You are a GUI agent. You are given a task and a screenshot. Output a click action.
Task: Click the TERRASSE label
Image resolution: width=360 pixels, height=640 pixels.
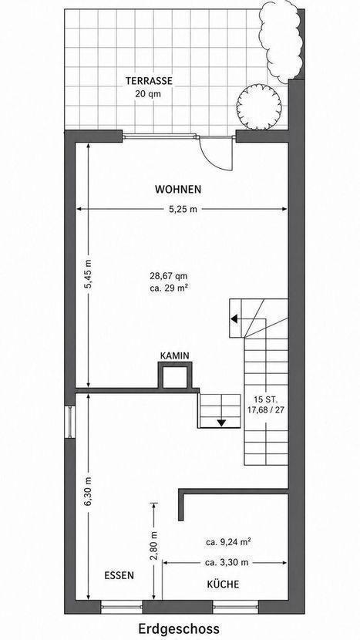pyautogui.click(x=149, y=81)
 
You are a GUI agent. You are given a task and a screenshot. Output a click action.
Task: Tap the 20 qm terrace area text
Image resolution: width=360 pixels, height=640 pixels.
pyautogui.click(x=149, y=93)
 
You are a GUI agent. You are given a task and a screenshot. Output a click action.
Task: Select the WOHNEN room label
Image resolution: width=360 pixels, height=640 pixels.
pyautogui.click(x=178, y=190)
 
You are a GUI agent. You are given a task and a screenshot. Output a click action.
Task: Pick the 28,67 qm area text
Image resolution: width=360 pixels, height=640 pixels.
pyautogui.click(x=169, y=275)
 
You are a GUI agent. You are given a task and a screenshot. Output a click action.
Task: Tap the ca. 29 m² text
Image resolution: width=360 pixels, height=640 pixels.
pyautogui.click(x=169, y=288)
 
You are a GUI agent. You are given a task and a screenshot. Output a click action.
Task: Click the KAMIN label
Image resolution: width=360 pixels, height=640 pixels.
pyautogui.click(x=175, y=356)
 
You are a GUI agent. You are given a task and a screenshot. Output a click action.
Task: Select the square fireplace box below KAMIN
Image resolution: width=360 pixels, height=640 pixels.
pyautogui.click(x=175, y=376)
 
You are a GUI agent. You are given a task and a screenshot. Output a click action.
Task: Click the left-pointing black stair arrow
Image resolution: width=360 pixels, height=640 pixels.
pyautogui.click(x=234, y=318)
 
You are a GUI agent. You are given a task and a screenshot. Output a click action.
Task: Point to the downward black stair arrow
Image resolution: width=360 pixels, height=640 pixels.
pyautogui.click(x=220, y=423)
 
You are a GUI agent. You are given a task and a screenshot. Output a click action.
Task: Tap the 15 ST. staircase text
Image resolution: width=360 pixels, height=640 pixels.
pyautogui.click(x=265, y=399)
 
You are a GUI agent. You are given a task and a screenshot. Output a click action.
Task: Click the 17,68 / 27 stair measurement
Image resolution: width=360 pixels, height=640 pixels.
pyautogui.click(x=266, y=409)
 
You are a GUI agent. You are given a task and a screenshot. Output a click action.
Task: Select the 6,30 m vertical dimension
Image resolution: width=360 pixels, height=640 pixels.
pyautogui.click(x=89, y=491)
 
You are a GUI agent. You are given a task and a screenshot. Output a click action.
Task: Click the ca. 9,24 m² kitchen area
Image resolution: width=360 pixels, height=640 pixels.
pyautogui.click(x=228, y=542)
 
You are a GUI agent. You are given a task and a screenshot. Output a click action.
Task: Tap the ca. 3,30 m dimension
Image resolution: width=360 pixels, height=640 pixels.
pyautogui.click(x=227, y=562)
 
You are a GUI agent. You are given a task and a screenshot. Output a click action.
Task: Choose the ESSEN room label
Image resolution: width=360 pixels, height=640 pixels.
pyautogui.click(x=119, y=575)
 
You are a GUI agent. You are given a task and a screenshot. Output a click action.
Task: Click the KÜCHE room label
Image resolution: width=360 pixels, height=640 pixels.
pyautogui.click(x=224, y=584)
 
